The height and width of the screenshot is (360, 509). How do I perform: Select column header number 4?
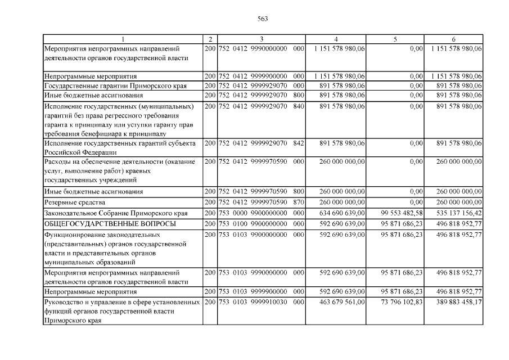pos(336,39)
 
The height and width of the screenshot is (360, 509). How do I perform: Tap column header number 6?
pos(453,39)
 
